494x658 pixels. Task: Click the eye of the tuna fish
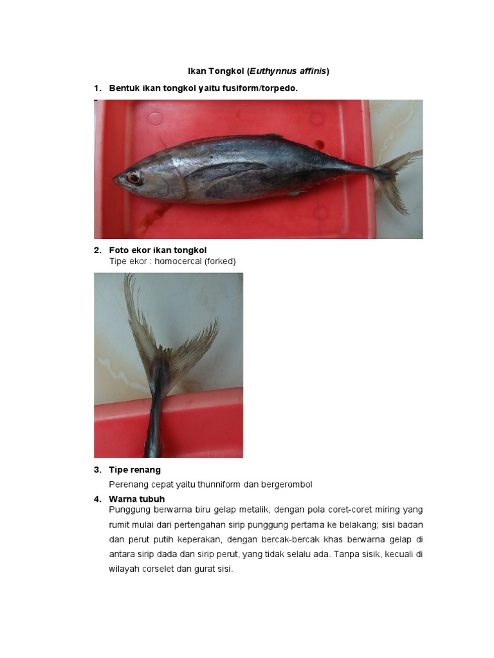pyautogui.click(x=134, y=177)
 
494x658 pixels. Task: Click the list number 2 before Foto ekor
pyautogui.click(x=97, y=250)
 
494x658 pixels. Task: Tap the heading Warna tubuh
pyautogui.click(x=136, y=499)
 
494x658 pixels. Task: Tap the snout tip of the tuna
pyautogui.click(x=114, y=179)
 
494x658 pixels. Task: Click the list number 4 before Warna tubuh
pyautogui.click(x=97, y=499)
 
